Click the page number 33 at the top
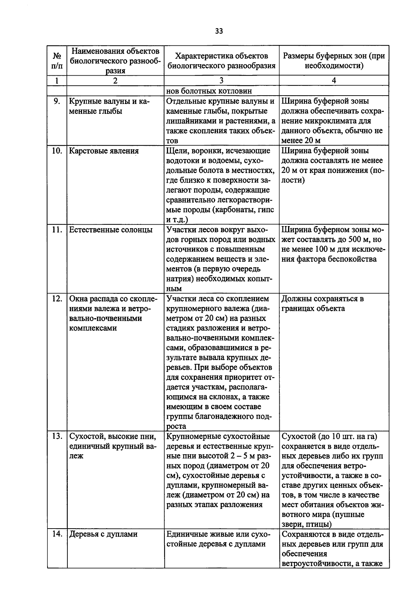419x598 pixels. [x=219, y=31]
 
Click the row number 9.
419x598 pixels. [x=57, y=101]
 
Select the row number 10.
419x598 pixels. [x=57, y=151]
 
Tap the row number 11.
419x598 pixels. [x=57, y=230]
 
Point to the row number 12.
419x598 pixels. [x=57, y=299]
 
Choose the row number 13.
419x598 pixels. [x=57, y=436]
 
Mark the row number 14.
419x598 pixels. [x=57, y=534]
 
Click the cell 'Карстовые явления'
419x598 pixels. [x=104, y=151]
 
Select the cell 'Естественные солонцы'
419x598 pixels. [x=111, y=230]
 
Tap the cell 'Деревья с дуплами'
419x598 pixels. [x=103, y=534]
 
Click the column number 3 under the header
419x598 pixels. [x=221, y=81]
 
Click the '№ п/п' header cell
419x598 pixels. [x=57, y=61]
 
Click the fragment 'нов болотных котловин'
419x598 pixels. [x=209, y=91]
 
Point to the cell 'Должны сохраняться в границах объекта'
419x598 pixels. [x=323, y=304]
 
